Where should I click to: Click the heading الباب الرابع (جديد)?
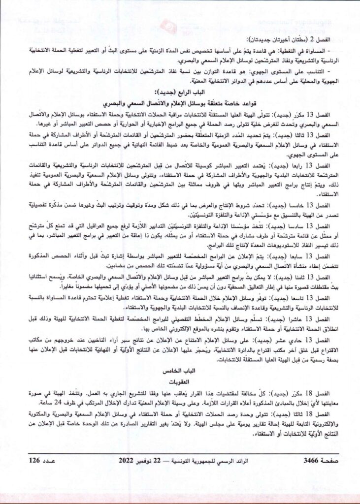click(180, 92)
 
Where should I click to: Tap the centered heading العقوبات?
click(180, 380)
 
